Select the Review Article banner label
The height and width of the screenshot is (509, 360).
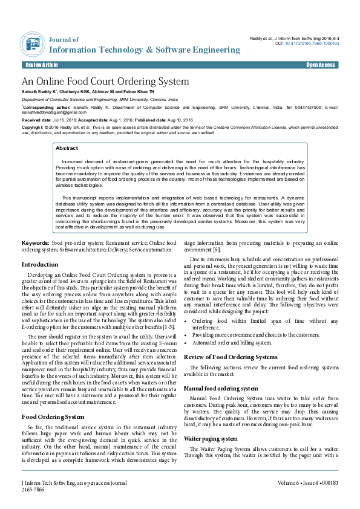click(x=42, y=65)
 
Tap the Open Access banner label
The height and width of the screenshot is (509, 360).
click(x=320, y=65)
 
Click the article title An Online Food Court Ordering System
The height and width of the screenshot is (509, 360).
click(x=105, y=82)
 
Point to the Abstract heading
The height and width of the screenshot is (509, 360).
click(x=67, y=148)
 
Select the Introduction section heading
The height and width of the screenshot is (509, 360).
click(x=40, y=265)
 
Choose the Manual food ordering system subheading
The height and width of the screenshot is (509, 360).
click(x=221, y=388)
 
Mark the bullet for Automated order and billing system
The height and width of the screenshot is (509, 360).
click(x=186, y=342)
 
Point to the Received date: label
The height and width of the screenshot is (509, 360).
click(x=39, y=120)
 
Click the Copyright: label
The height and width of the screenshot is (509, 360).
click(x=33, y=128)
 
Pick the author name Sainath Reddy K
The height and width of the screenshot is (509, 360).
click(x=39, y=91)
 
